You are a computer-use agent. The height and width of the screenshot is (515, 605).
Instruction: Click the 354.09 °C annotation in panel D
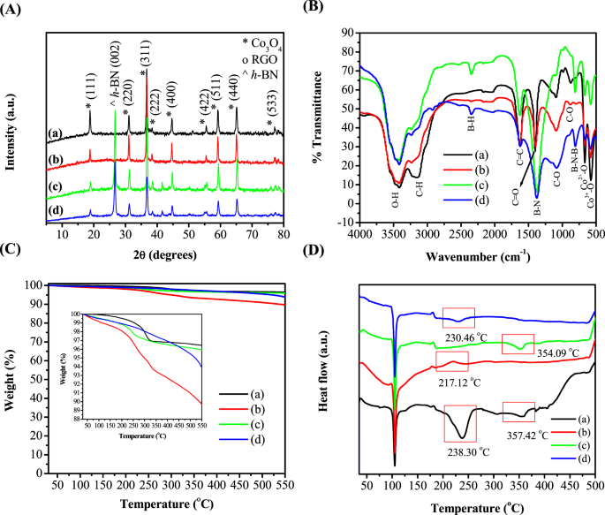[546, 352]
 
